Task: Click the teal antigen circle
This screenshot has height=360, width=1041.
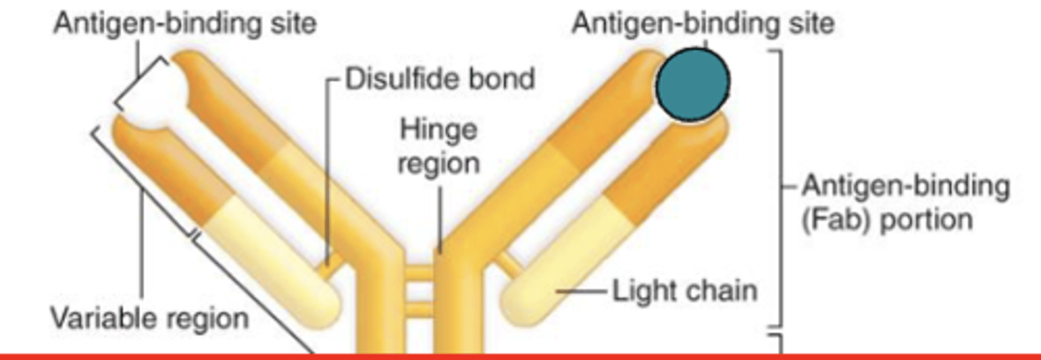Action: [x=692, y=85]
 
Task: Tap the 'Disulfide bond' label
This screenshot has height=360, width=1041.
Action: [x=440, y=78]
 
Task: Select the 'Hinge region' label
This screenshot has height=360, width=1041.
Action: [x=440, y=146]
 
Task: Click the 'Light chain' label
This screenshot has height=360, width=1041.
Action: [x=685, y=291]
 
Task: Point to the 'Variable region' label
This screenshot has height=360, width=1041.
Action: [x=149, y=317]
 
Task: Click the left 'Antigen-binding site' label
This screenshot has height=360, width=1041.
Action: [x=185, y=23]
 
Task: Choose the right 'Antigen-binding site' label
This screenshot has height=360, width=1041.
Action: [x=703, y=23]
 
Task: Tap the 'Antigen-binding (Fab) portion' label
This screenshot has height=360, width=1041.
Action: [x=905, y=202]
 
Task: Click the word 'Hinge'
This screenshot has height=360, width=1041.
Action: [x=440, y=130]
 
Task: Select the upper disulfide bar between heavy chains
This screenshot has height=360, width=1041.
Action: [x=417, y=273]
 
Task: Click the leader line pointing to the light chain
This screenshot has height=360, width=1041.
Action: [x=582, y=291]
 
